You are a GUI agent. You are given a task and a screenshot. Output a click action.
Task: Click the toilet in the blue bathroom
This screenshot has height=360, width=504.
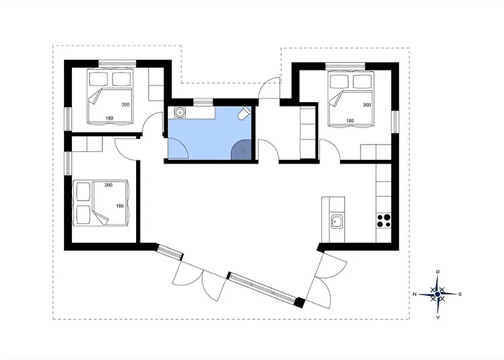tap(244, 113)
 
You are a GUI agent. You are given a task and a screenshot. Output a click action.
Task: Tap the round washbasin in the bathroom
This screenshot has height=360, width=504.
tap(179, 112)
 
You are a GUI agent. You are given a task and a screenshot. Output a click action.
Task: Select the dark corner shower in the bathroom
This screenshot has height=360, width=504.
tap(241, 150)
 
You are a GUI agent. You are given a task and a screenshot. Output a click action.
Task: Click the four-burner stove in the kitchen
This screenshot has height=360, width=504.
tap(384, 221)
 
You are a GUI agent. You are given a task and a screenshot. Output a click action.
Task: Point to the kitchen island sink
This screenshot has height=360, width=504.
tap(336, 222)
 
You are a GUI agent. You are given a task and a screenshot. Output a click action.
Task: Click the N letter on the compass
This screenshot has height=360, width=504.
tap(415, 294)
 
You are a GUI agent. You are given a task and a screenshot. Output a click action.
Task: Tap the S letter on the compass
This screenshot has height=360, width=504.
tap(460, 294)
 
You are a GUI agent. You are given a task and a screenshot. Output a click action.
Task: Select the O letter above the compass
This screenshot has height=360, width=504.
tap(438, 271)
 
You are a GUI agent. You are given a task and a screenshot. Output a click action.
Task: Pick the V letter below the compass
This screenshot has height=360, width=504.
tap(438, 318)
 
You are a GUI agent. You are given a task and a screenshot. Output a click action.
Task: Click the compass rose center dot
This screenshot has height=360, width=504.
tap(438, 294)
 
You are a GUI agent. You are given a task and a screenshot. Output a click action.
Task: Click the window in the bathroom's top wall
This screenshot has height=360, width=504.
tap(203, 102)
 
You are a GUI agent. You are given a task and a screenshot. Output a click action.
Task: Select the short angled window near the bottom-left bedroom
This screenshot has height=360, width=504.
tap(169, 251)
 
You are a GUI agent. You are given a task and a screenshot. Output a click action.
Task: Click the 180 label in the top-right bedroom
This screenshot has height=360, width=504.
tap(350, 121)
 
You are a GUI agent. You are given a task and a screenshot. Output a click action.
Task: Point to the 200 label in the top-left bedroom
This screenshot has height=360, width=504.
tap(125, 105)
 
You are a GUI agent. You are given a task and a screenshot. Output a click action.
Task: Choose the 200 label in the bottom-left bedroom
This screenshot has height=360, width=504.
tap(108, 185)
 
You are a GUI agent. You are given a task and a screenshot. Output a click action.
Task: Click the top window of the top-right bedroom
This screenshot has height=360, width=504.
tap(346, 66)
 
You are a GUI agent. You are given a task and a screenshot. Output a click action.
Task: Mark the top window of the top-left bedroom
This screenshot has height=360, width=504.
tap(117, 63)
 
